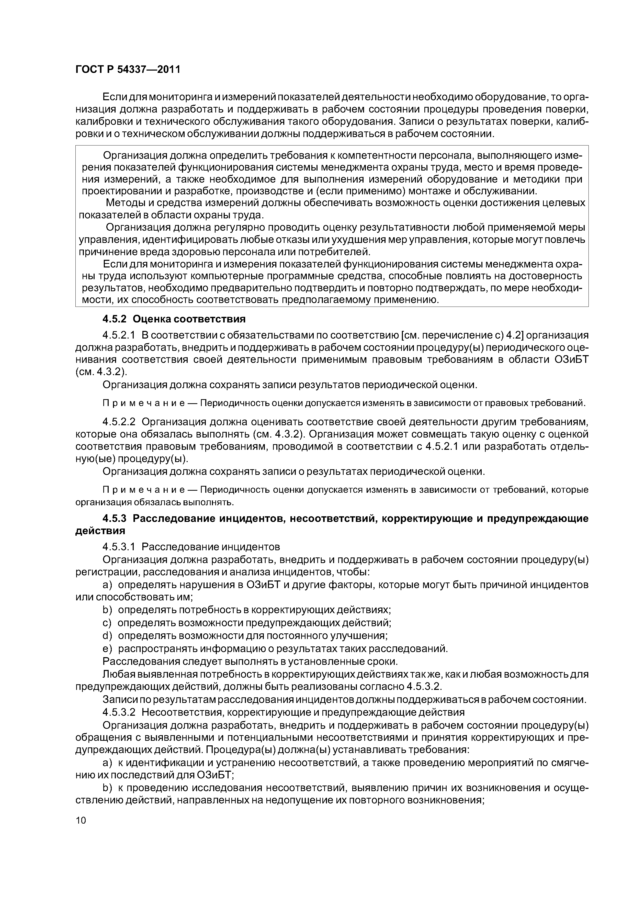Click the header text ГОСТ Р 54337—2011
[128, 70]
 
